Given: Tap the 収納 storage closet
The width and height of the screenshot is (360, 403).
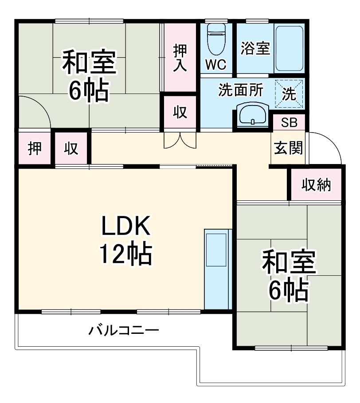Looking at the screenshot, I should [316, 184].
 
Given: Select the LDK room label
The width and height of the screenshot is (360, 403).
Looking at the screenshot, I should [127, 227].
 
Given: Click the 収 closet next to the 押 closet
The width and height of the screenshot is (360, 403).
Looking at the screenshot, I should [71, 149].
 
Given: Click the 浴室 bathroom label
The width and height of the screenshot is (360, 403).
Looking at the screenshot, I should [255, 48].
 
